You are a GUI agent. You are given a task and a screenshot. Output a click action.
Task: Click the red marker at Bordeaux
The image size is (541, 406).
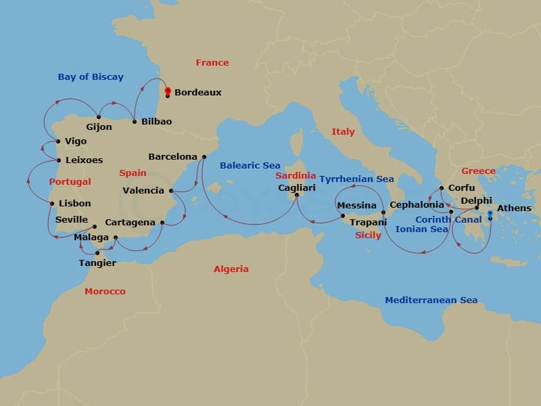[167, 91]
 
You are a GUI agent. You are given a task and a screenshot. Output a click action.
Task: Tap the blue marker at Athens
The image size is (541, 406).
[490, 214]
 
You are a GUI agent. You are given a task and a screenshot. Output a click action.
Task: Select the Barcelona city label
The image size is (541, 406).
[172, 156]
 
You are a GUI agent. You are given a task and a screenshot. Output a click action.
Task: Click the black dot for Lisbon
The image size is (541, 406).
[52, 203]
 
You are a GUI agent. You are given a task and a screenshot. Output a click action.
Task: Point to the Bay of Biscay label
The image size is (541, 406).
[91, 76]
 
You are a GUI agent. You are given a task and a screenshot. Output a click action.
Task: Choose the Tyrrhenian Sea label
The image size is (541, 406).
[356, 179]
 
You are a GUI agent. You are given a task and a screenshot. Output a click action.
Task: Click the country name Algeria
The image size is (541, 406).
[231, 269]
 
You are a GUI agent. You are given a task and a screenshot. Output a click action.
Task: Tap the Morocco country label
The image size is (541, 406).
[105, 291]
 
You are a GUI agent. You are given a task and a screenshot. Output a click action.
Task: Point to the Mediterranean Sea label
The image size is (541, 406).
[431, 300]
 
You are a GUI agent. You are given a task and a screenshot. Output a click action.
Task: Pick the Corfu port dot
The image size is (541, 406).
[441, 188]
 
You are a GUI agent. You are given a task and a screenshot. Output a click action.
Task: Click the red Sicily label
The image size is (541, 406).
[368, 235]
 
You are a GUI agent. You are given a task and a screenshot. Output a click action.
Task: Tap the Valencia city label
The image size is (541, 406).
[143, 190]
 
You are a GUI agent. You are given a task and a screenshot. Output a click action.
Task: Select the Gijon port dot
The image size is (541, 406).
[99, 116]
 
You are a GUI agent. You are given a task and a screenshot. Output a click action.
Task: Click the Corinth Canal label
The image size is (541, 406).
[448, 219]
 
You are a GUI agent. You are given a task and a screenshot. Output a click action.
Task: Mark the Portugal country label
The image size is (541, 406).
[70, 182]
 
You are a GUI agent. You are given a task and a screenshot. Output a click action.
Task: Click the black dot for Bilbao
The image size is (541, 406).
[135, 122]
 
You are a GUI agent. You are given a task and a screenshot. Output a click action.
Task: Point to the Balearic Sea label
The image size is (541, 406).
[250, 165]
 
